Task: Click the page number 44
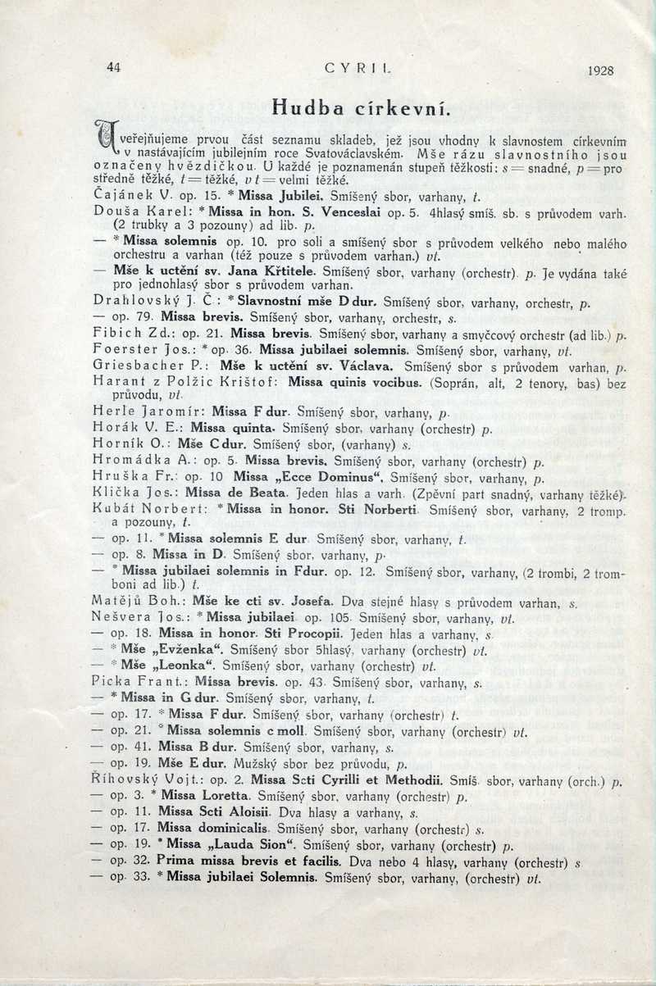[x=113, y=69]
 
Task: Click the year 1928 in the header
[x=600, y=70]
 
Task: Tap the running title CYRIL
[x=348, y=70]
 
